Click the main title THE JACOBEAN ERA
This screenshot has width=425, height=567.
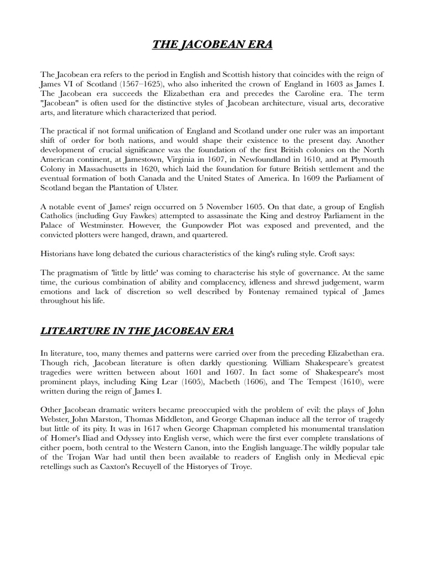pyautogui.click(x=212, y=44)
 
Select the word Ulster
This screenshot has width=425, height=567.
pyautogui.click(x=167, y=188)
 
